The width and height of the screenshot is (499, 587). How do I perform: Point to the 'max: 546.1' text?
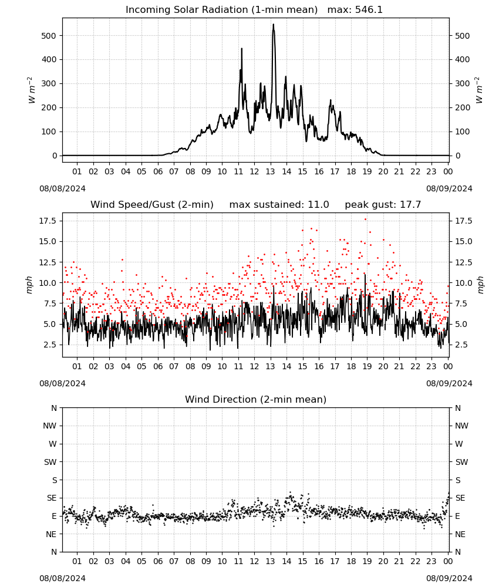click(355, 9)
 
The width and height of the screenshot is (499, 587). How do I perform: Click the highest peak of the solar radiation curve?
click(273, 24)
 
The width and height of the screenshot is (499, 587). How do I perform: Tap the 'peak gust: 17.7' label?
click(383, 204)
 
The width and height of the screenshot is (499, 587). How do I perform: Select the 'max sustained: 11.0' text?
click(279, 204)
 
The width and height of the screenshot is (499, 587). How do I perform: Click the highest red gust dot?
click(365, 220)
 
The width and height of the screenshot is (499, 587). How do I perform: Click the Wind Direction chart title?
click(256, 399)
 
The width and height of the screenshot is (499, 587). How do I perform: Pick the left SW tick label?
click(50, 462)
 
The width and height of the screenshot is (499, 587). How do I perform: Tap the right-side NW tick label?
click(461, 426)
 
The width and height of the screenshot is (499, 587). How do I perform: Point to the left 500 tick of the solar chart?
click(49, 36)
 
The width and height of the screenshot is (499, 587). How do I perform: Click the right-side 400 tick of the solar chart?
click(463, 59)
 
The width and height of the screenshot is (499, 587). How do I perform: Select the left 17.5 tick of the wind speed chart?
click(48, 221)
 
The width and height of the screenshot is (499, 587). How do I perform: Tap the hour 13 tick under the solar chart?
click(270, 171)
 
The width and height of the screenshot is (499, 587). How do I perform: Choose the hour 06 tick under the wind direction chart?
click(157, 561)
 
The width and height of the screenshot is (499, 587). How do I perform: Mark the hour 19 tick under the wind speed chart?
click(367, 366)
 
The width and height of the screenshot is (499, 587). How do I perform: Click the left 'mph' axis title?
click(29, 285)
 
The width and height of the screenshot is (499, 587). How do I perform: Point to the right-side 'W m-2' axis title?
click(480, 90)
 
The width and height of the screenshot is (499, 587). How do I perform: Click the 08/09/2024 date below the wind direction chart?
click(449, 578)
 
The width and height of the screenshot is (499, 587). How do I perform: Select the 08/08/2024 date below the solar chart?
click(62, 188)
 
